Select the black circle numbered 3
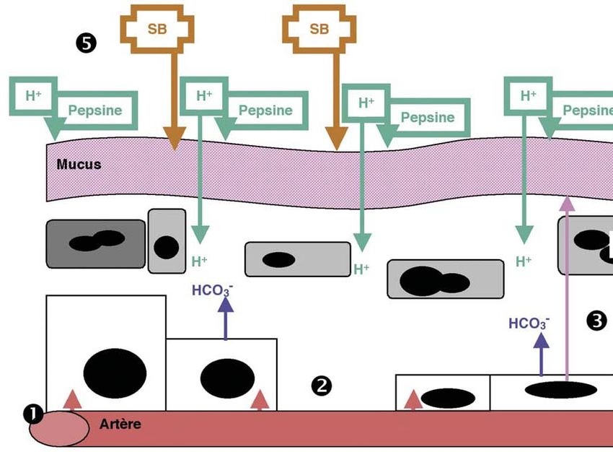point(597,321)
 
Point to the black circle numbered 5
point(86,43)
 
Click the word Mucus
point(79,164)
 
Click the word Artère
point(120,424)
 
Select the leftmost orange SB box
point(156,29)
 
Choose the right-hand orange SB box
point(318,29)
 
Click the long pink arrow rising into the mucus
point(568,289)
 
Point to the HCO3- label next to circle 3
point(528,323)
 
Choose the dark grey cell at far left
point(95,243)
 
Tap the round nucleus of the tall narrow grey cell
point(166,247)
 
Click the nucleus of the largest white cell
point(115,373)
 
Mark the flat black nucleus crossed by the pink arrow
point(560,390)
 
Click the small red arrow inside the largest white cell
point(71,399)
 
